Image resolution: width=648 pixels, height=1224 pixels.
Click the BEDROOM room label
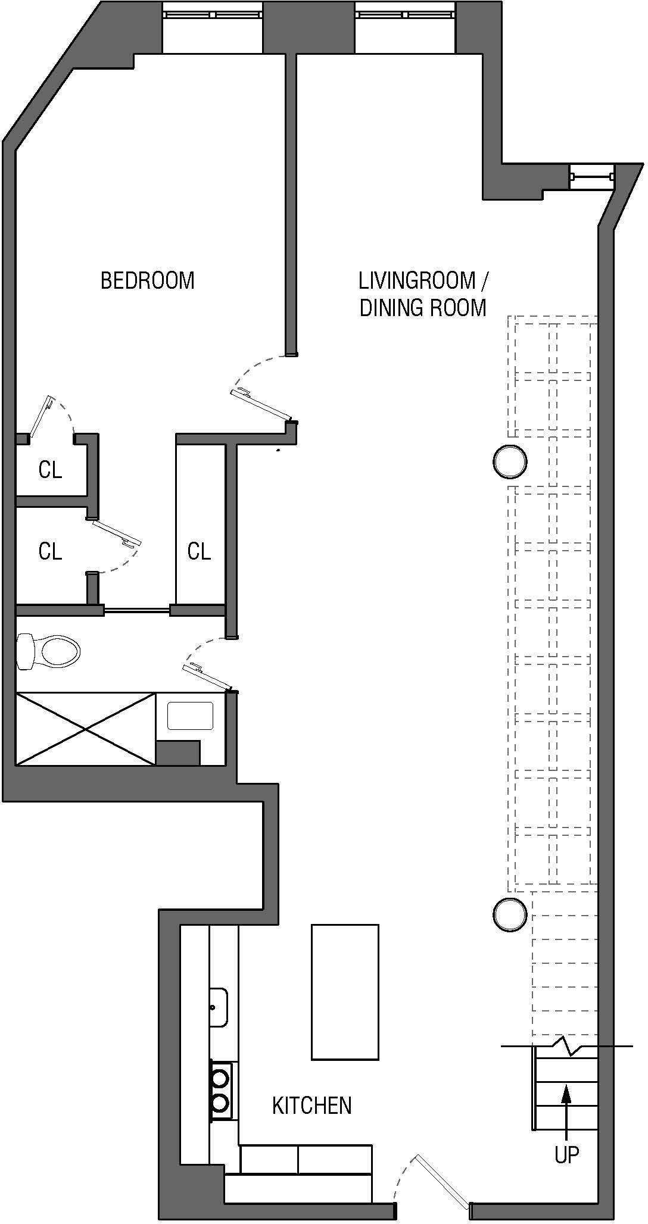(147, 280)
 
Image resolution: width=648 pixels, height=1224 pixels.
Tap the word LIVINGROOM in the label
(417, 280)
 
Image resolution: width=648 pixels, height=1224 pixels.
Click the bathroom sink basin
(190, 716)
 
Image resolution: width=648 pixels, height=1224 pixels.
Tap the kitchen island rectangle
(345, 992)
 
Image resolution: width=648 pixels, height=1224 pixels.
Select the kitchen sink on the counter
(218, 1007)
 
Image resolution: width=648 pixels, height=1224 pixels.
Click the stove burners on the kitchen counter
(220, 1090)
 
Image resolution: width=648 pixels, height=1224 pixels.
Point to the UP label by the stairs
(566, 1155)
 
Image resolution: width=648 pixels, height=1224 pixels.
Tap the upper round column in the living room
(510, 461)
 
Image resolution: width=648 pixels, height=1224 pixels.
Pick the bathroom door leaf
(208, 677)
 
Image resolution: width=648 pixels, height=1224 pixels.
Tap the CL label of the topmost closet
(50, 470)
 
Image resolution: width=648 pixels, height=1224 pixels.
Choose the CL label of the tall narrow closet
(199, 551)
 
